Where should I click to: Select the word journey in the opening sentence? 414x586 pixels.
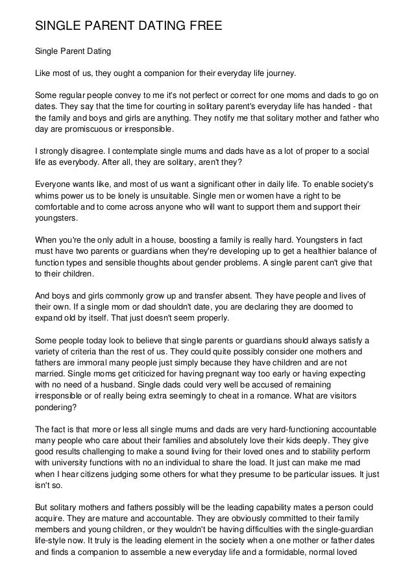click(278, 72)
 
